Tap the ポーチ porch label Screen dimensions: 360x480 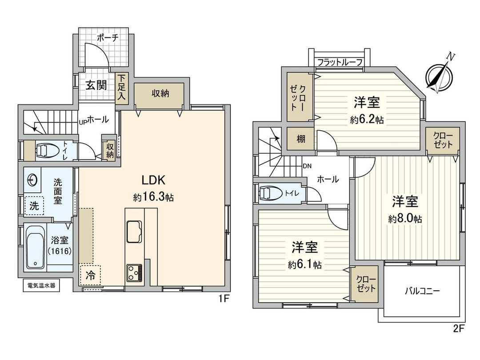click(x=107, y=38)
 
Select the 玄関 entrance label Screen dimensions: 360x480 click(x=96, y=84)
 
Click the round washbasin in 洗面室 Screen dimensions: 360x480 click(x=32, y=180)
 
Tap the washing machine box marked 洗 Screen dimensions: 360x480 click(x=34, y=205)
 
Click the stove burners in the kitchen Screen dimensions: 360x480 click(x=134, y=272)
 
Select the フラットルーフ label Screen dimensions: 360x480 click(x=340, y=63)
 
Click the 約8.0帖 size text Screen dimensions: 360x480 click(x=405, y=219)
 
